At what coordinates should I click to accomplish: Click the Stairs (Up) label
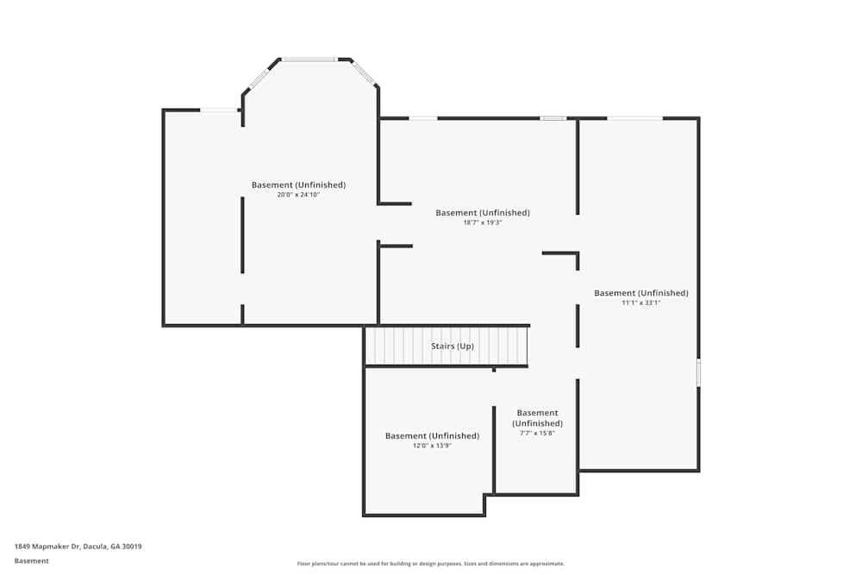(453, 347)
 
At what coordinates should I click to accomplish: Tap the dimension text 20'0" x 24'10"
(298, 195)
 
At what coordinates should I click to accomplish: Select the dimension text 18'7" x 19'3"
(483, 222)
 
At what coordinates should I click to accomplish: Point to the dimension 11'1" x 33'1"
(640, 303)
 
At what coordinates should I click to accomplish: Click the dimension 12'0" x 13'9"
(432, 446)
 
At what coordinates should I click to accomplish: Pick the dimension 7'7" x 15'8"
(537, 433)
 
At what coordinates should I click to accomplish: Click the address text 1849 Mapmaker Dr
(78, 547)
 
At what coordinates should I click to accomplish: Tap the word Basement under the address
(32, 561)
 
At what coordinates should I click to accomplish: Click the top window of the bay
(309, 59)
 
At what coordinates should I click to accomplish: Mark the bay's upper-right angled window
(364, 73)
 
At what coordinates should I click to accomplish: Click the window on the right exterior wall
(698, 372)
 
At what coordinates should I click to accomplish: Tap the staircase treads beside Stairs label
(397, 347)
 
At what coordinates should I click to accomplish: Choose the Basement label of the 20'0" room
(298, 185)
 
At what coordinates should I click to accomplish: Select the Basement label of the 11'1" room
(640, 293)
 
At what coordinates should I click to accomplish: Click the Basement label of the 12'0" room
(432, 436)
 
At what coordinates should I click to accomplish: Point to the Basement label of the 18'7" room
(483, 213)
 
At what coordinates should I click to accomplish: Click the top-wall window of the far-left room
(219, 109)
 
